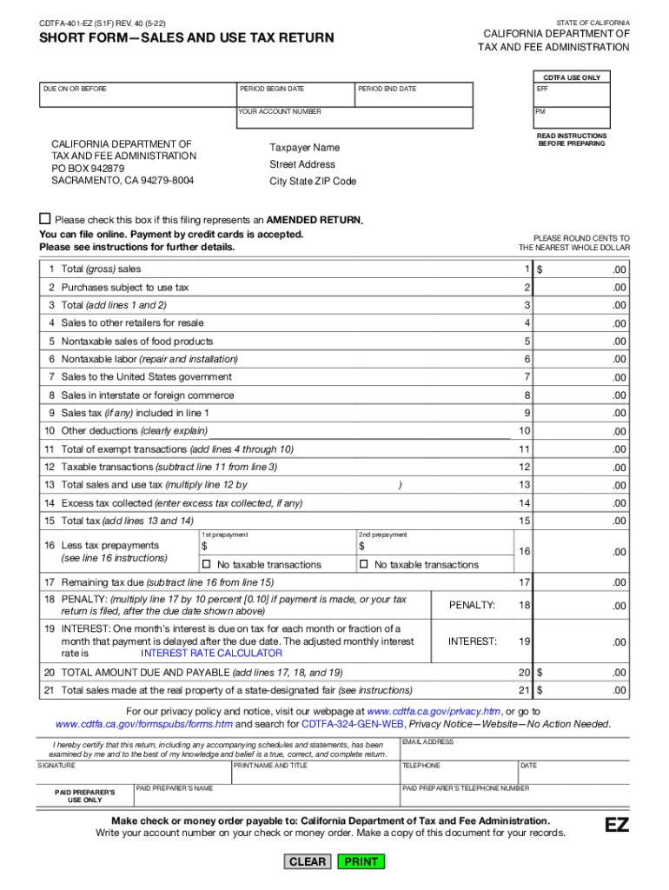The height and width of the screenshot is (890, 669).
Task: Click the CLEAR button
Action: tap(307, 861)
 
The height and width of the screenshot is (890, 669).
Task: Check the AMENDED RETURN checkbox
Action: tap(45, 219)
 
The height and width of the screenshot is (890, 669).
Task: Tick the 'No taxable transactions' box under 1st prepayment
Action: tap(206, 564)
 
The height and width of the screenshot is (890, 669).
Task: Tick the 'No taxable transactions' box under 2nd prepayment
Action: tap(364, 564)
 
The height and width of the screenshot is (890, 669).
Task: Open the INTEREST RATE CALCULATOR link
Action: tap(211, 653)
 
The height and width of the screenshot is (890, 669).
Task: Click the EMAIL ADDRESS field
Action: tap(515, 749)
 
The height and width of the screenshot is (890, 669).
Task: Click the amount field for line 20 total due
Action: tap(582, 672)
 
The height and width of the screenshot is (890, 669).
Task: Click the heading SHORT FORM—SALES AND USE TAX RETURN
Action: tap(186, 38)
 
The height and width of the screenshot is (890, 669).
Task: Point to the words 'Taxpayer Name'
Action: tap(304, 148)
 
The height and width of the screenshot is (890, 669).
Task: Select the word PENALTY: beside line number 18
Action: tap(472, 605)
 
